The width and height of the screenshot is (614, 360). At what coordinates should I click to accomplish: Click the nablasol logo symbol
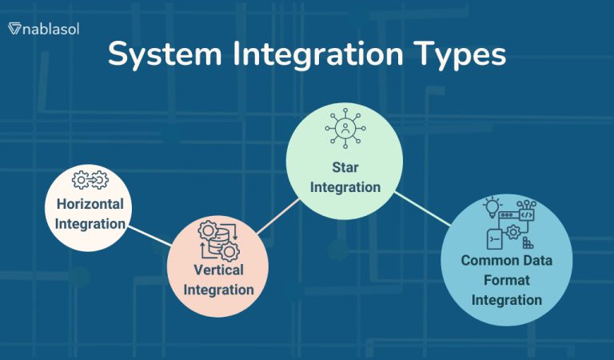14,29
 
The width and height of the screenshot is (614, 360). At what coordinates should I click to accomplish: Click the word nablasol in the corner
50,29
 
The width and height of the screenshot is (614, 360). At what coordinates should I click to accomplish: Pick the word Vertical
218,270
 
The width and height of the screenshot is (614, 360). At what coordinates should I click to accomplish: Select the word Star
345,168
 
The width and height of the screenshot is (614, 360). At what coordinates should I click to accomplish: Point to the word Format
506,280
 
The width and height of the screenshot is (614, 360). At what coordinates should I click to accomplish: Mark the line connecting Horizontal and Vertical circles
150,235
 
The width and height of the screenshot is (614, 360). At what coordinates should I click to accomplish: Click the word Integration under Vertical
218,289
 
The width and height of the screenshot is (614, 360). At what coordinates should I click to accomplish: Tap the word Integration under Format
506,300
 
